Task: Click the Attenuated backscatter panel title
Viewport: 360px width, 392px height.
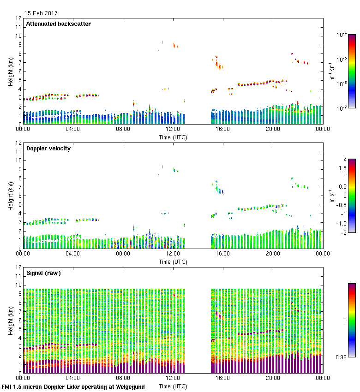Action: coord(59,24)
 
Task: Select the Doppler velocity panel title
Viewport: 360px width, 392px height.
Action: coord(48,148)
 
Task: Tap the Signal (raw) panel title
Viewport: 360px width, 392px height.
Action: coord(43,273)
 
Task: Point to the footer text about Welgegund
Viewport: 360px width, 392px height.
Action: coord(73,387)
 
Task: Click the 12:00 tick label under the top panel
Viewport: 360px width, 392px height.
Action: coord(173,130)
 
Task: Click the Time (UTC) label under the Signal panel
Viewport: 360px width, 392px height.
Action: coord(173,386)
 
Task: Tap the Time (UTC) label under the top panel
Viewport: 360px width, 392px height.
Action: coord(173,137)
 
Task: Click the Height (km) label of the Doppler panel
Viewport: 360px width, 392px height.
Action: coord(11,196)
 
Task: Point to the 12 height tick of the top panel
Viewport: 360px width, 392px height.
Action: coord(18,18)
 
